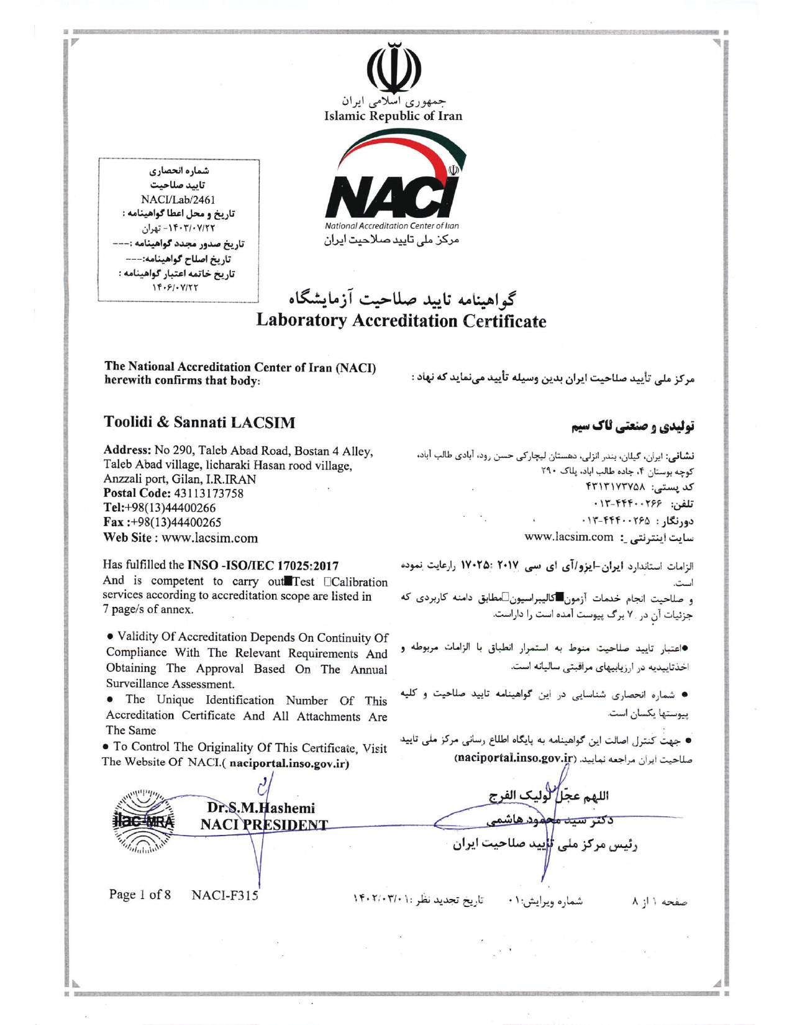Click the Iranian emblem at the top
tap(393, 68)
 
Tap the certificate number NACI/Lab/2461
tap(178, 200)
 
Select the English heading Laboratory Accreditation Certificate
tap(401, 321)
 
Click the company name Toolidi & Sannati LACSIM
tap(199, 422)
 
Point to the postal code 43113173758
tap(207, 494)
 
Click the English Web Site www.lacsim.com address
tap(209, 538)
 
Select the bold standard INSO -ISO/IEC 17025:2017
tap(263, 565)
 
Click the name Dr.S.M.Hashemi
tap(261, 808)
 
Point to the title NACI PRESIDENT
tap(264, 824)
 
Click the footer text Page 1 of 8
tap(140, 895)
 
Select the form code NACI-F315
tap(224, 895)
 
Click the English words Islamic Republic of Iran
tap(393, 116)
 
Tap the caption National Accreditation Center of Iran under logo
tap(392, 226)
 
